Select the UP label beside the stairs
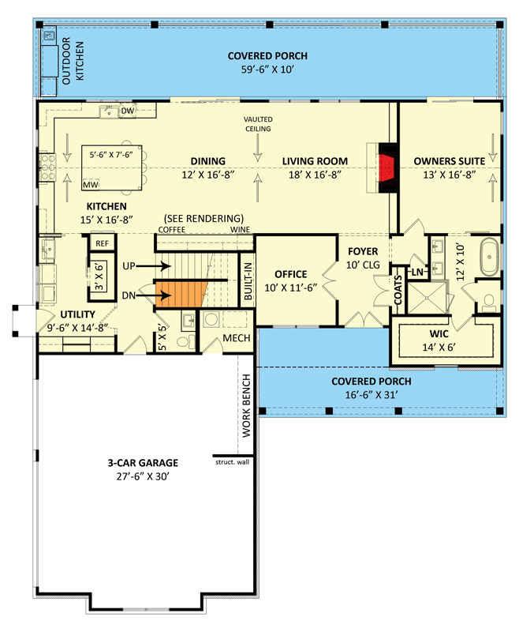click(133, 266)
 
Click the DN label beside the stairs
click(133, 296)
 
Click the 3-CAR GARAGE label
click(144, 463)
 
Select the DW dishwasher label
click(127, 111)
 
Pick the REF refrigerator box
click(102, 243)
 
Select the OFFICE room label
click(289, 276)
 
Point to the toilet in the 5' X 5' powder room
click(185, 342)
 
